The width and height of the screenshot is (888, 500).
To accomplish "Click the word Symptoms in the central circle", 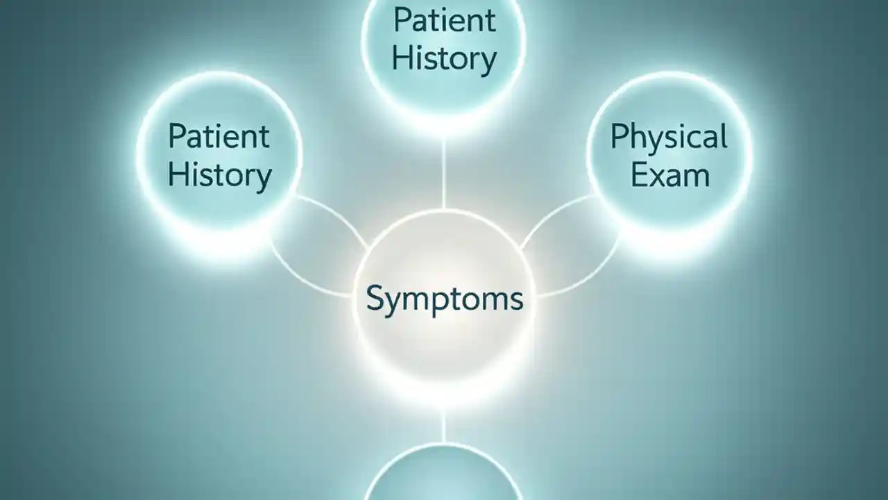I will click(444, 300).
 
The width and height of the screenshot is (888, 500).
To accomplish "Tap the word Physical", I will click(669, 137).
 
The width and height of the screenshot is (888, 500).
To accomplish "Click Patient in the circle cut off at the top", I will click(444, 21).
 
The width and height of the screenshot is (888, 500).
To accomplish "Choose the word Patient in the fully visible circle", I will click(219, 136).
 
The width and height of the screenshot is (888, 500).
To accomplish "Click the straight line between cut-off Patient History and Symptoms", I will click(444, 174).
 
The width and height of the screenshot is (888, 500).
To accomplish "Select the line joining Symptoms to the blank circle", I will click(444, 424).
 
